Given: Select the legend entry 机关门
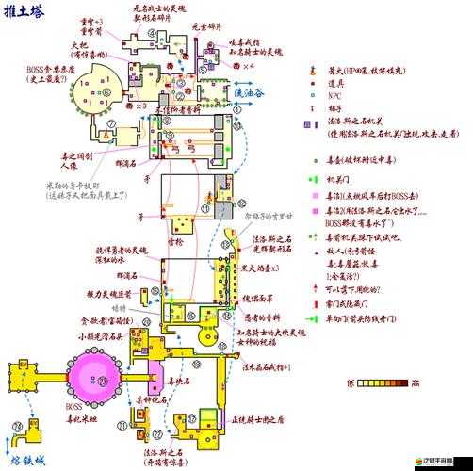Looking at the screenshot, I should point(335,179).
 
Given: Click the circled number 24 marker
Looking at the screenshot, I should point(18,428).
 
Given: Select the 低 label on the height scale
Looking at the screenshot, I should point(351,382).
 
